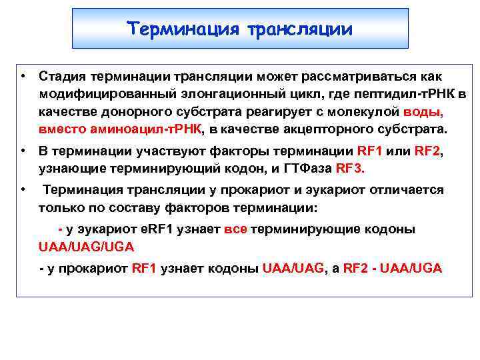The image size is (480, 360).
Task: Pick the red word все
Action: (x=236, y=229)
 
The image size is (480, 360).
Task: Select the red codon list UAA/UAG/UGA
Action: (x=86, y=247)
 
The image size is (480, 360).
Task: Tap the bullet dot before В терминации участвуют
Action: (x=22, y=151)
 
